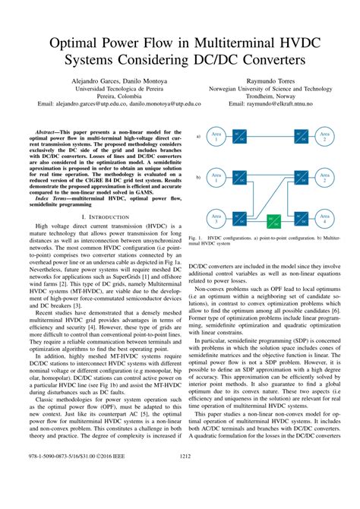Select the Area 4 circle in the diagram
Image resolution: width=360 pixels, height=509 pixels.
(324, 220)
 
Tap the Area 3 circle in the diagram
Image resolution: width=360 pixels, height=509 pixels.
(215, 220)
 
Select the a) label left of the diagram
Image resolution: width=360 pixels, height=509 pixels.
(197, 137)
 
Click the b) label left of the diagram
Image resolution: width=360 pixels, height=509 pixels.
(197, 177)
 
